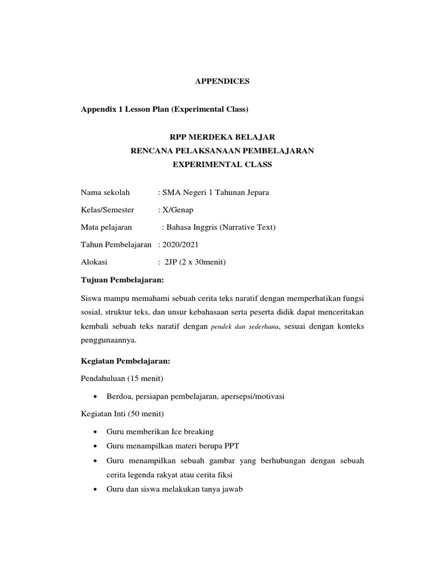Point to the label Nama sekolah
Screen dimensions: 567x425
(x=105, y=192)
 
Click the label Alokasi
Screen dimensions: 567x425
(x=94, y=262)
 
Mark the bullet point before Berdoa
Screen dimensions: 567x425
(x=96, y=396)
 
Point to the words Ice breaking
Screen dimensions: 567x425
(x=193, y=431)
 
